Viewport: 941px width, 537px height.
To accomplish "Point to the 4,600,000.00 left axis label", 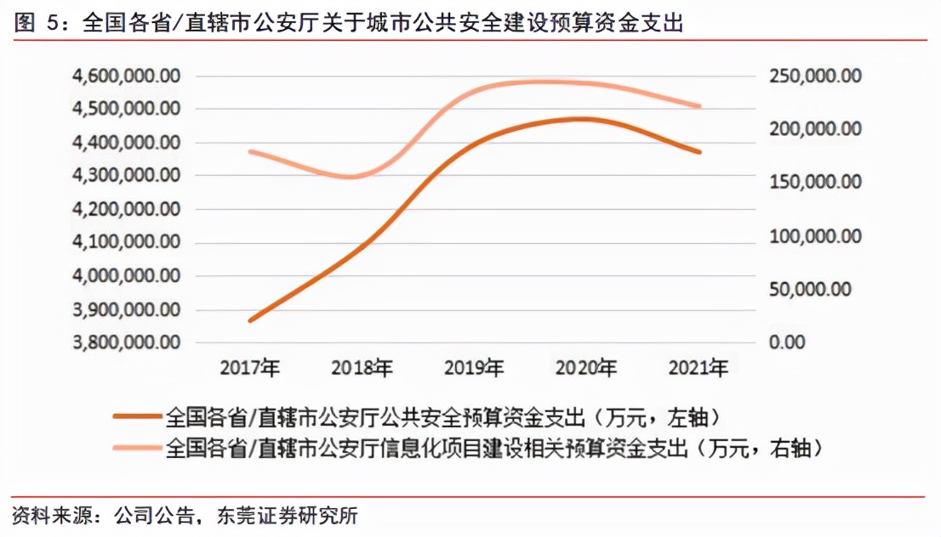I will click(127, 76).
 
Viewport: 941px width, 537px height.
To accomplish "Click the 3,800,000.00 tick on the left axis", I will click(127, 342).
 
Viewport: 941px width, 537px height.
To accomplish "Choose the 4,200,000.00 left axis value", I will click(127, 209).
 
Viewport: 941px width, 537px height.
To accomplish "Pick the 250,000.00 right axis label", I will click(816, 76).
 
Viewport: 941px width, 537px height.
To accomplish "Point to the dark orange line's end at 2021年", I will click(699, 152).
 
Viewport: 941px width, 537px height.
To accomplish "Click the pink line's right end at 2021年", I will click(699, 106).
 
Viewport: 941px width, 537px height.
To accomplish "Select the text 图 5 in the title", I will click(38, 24).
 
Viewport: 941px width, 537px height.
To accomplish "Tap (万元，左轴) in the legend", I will click(660, 417).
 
